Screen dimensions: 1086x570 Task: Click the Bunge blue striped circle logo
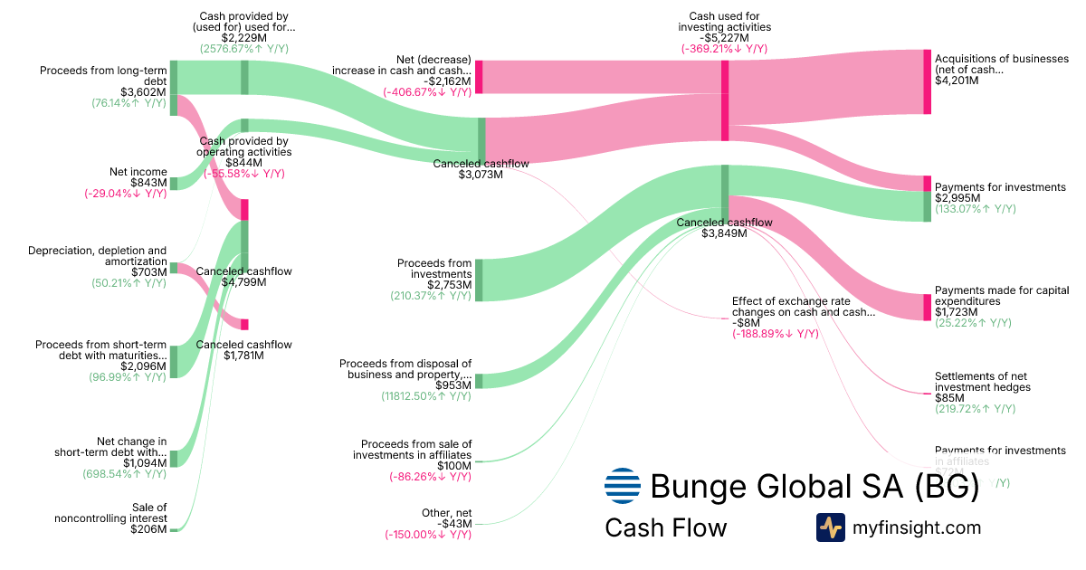click(622, 486)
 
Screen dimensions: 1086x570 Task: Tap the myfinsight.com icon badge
click(830, 527)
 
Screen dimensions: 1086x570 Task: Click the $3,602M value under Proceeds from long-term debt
click(143, 92)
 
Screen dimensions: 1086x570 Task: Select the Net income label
click(138, 171)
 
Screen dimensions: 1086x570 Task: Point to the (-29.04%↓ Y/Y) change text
click(125, 194)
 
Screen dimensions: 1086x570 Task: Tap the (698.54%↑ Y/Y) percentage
click(128, 474)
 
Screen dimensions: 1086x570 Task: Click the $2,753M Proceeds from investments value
click(450, 285)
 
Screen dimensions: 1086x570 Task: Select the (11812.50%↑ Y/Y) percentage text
click(426, 396)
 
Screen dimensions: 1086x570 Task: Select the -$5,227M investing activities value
click(724, 38)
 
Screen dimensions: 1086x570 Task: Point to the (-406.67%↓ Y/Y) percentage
click(427, 91)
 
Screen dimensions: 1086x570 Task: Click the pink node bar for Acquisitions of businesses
click(927, 81)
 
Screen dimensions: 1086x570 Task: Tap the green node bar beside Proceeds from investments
click(479, 279)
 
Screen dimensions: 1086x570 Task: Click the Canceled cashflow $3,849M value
click(724, 233)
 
